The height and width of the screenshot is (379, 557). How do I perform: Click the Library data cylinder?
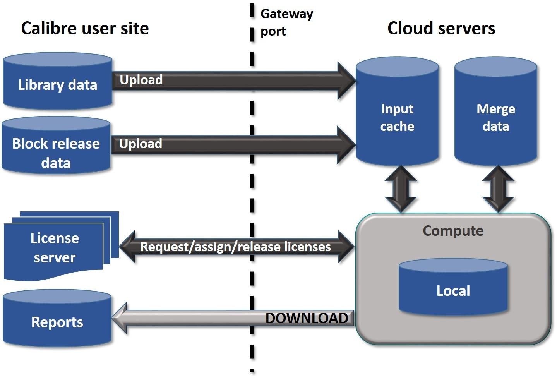(x=58, y=82)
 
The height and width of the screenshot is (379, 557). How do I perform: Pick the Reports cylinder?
(x=57, y=320)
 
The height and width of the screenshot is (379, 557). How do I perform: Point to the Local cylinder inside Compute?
(x=453, y=288)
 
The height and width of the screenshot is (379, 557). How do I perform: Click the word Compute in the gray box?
(x=453, y=231)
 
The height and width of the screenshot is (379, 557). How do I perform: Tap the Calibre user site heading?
(x=85, y=28)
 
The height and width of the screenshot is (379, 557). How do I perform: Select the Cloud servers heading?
(x=441, y=28)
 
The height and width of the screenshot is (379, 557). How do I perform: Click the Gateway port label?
(x=286, y=22)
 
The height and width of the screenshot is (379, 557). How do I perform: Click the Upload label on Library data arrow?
(x=141, y=80)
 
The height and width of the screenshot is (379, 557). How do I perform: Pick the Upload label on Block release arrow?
(x=141, y=144)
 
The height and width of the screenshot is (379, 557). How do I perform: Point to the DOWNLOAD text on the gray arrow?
(x=307, y=318)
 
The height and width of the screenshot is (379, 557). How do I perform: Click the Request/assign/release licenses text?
(x=235, y=247)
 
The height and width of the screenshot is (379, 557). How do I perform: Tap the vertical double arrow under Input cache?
(x=401, y=189)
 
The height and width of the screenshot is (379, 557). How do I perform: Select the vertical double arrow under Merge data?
(x=498, y=189)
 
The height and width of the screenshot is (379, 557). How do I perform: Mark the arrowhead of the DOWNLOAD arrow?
(x=120, y=318)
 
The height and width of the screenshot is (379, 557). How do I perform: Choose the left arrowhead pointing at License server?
(x=128, y=247)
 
